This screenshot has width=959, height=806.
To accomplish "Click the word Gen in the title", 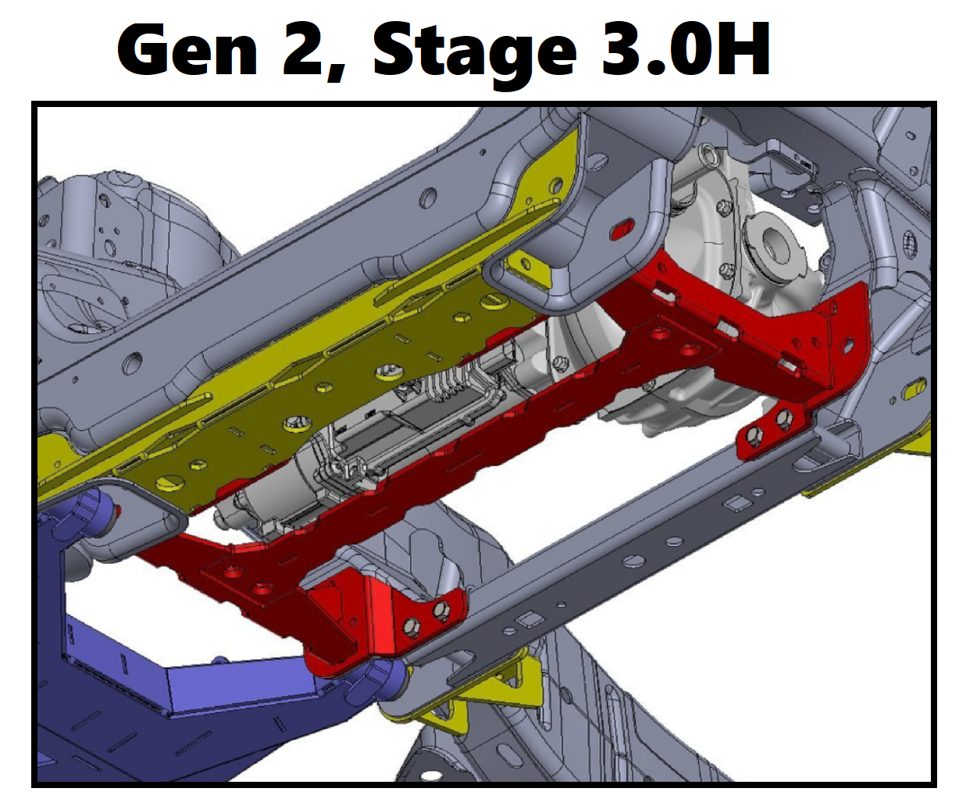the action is [187, 49].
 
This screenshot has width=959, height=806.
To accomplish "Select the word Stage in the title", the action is [475, 53].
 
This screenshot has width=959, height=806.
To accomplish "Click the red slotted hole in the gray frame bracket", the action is [622, 228].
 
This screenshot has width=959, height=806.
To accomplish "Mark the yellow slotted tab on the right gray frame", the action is [913, 388].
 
